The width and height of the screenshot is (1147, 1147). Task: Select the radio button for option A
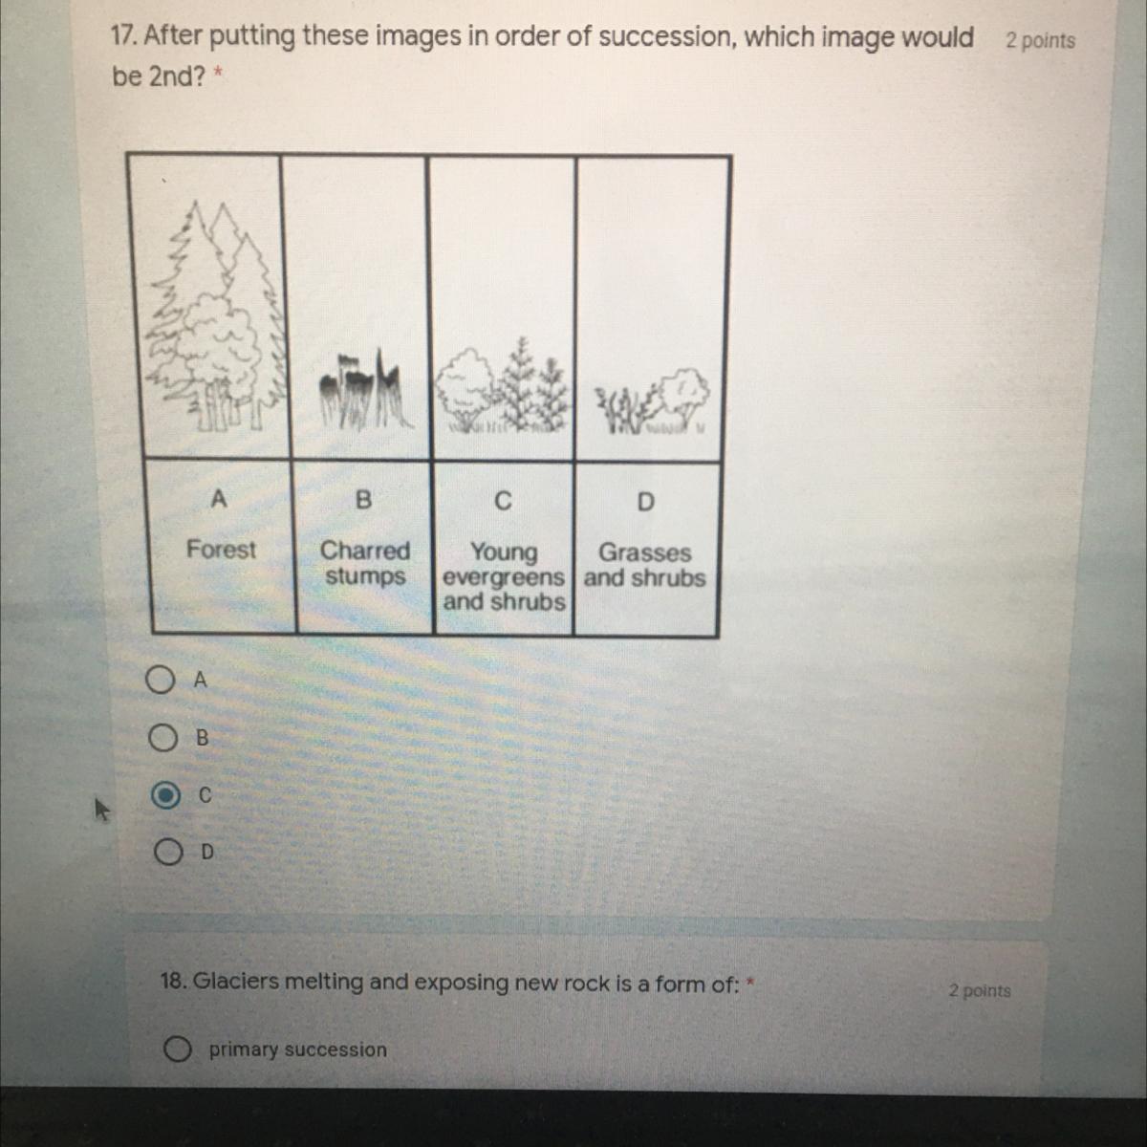[x=161, y=681]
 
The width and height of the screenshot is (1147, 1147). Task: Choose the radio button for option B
[x=162, y=738]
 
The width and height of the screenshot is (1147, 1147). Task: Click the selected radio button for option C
[x=165, y=795]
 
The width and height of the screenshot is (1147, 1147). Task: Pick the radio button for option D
[x=168, y=852]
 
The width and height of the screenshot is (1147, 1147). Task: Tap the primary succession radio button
[x=178, y=1049]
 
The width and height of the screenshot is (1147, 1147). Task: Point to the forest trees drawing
[x=215, y=315]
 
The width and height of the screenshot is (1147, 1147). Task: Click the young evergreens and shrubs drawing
[x=503, y=386]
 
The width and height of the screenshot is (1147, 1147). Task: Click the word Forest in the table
[x=221, y=550]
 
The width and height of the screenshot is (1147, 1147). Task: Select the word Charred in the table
[x=365, y=551]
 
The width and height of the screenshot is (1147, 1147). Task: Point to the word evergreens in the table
[x=503, y=577]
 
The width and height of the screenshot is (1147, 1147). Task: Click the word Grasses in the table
[x=644, y=552]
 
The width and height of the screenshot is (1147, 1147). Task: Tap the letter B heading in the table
[x=363, y=499]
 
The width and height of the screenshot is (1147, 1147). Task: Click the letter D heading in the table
[x=645, y=502]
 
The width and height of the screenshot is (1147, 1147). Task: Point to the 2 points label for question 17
[x=1041, y=40]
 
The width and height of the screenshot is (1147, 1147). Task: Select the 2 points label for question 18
[x=980, y=990]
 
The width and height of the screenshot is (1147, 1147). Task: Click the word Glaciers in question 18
[x=236, y=981]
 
